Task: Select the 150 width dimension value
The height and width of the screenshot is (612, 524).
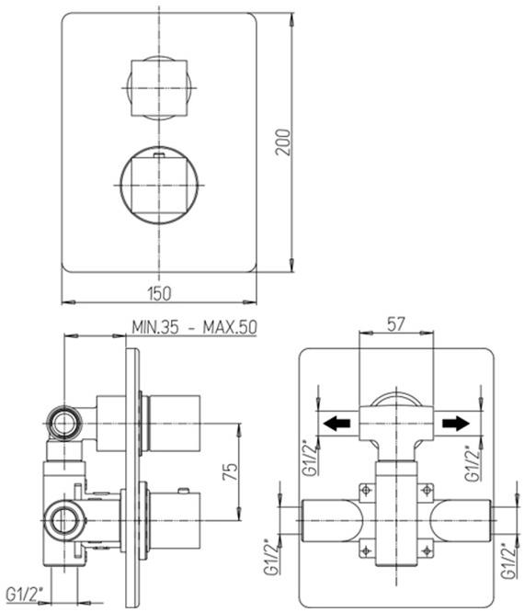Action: tap(160, 293)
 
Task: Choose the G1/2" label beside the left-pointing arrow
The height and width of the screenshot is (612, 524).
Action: tap(308, 463)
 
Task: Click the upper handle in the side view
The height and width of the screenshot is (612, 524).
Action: tap(173, 422)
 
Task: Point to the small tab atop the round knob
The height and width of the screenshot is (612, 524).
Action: tap(160, 156)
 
